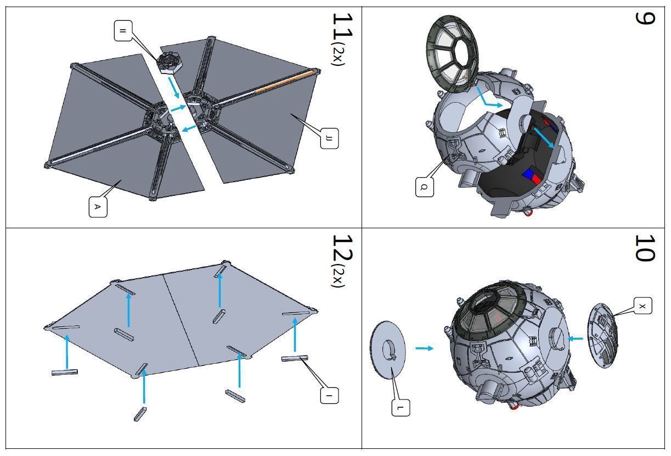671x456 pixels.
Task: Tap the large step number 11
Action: click(342, 26)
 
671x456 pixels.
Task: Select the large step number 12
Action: click(342, 248)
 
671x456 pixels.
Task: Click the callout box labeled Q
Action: click(424, 187)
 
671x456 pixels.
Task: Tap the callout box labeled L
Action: click(401, 407)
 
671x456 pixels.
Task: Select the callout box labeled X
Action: click(642, 306)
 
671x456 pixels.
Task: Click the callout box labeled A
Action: click(98, 207)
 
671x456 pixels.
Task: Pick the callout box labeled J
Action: click(329, 138)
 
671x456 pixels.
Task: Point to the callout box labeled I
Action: click(329, 395)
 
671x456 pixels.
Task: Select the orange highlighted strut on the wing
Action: click(285, 81)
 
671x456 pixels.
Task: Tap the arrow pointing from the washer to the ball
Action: click(424, 348)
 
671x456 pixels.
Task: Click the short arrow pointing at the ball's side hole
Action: click(576, 339)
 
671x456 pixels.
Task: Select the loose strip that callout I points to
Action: click(295, 358)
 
